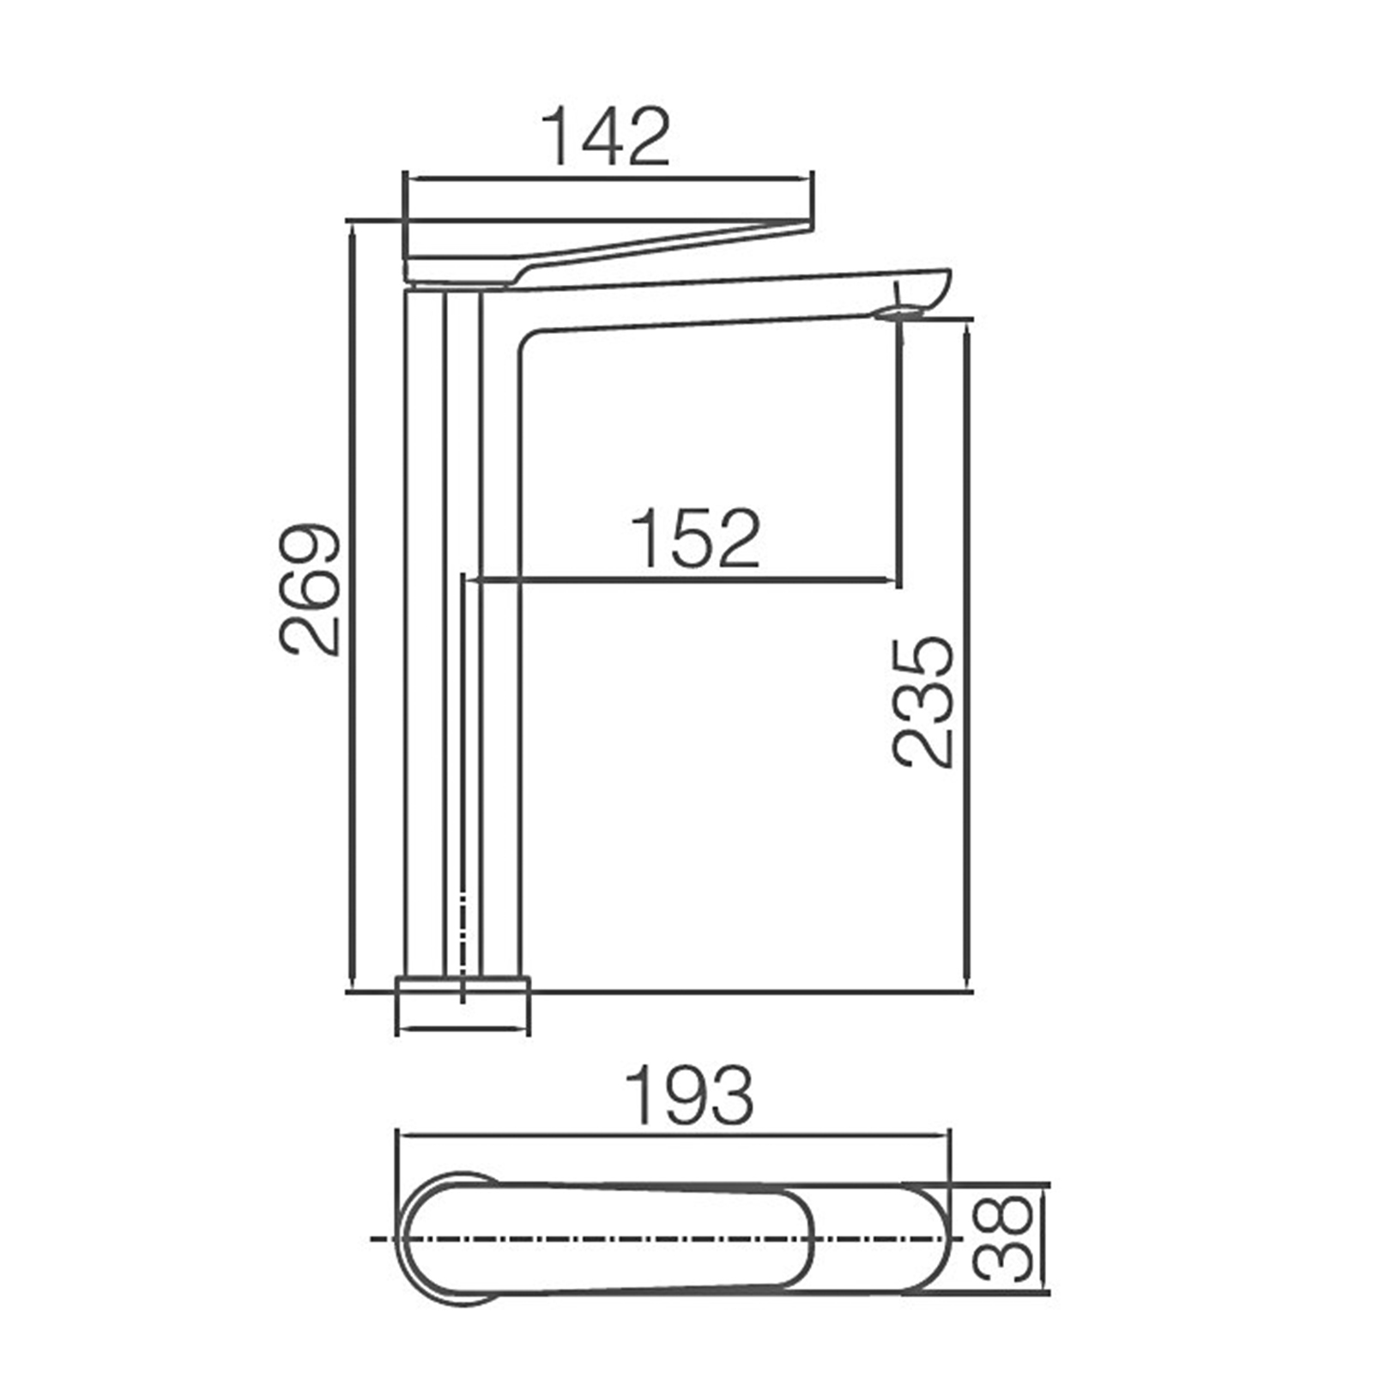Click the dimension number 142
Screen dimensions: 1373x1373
tap(606, 137)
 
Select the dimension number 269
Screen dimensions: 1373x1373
tap(311, 589)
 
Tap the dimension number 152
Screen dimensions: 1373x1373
tap(695, 540)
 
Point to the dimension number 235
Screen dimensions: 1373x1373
tap(923, 702)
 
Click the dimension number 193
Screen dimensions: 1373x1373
tap(689, 1096)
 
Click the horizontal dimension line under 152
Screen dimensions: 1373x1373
tap(686, 581)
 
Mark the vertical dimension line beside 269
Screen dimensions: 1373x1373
tap(352, 601)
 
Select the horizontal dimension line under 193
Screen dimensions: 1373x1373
tap(674, 1134)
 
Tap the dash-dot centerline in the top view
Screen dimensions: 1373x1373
tap(669, 1238)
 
